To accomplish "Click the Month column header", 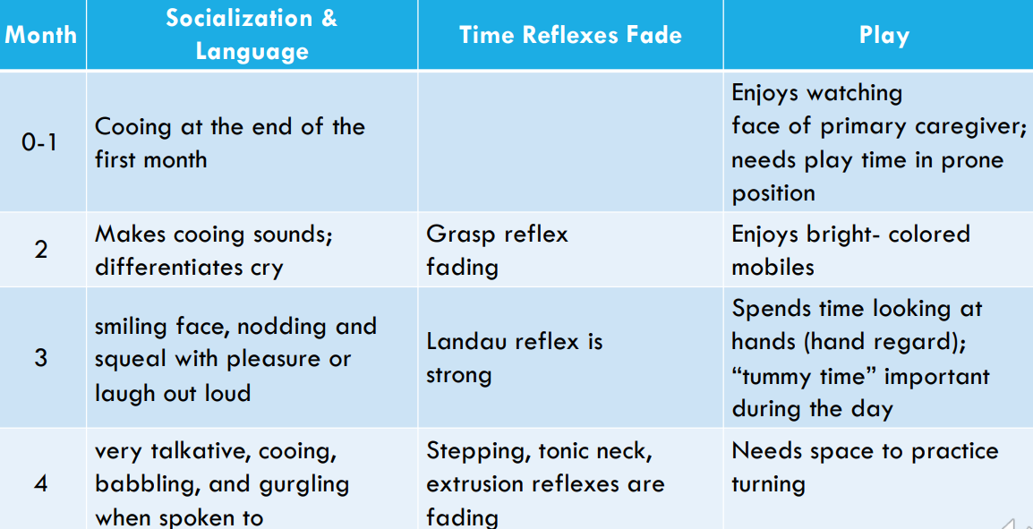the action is coord(41,35).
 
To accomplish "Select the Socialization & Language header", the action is coord(252,34).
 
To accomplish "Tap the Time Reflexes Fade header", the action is coord(570,35).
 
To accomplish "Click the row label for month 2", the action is coord(41,251).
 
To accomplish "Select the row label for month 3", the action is coord(41,358).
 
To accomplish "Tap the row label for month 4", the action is coord(41,484).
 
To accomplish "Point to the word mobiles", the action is coord(773,267).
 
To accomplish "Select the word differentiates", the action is coord(166,267).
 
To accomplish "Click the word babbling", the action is coord(149,485).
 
